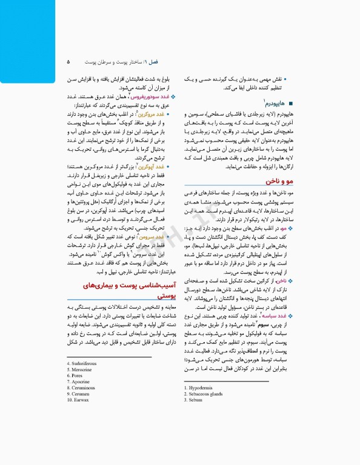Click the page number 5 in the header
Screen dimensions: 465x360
point(68,62)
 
